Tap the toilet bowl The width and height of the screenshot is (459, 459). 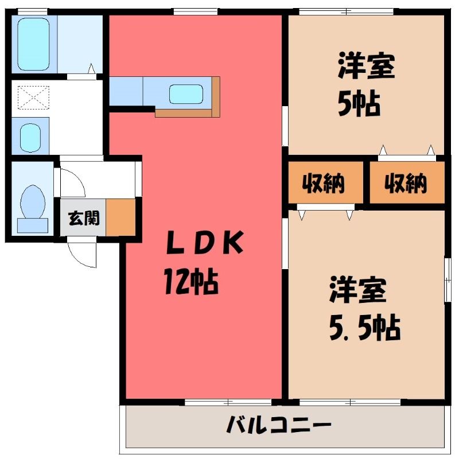click(x=33, y=202)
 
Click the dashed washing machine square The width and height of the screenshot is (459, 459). click(x=33, y=98)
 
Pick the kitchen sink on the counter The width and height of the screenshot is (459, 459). click(x=186, y=94)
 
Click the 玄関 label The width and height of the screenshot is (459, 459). click(x=84, y=218)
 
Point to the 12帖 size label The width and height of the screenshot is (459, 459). click(x=191, y=282)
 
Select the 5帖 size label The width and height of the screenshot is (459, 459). click(x=359, y=104)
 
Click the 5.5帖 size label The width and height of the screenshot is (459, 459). click(x=365, y=328)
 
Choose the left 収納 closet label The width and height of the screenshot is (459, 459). click(x=323, y=183)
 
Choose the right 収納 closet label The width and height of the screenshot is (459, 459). click(x=406, y=183)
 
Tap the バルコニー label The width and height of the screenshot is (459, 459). click(x=279, y=425)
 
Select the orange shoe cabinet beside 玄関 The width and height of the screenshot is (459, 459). click(x=120, y=217)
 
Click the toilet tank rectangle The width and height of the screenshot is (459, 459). click(x=33, y=225)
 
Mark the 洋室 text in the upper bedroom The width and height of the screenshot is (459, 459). click(x=366, y=66)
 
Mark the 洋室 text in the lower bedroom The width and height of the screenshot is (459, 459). click(x=357, y=290)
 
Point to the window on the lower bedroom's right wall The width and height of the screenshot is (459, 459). click(x=448, y=280)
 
